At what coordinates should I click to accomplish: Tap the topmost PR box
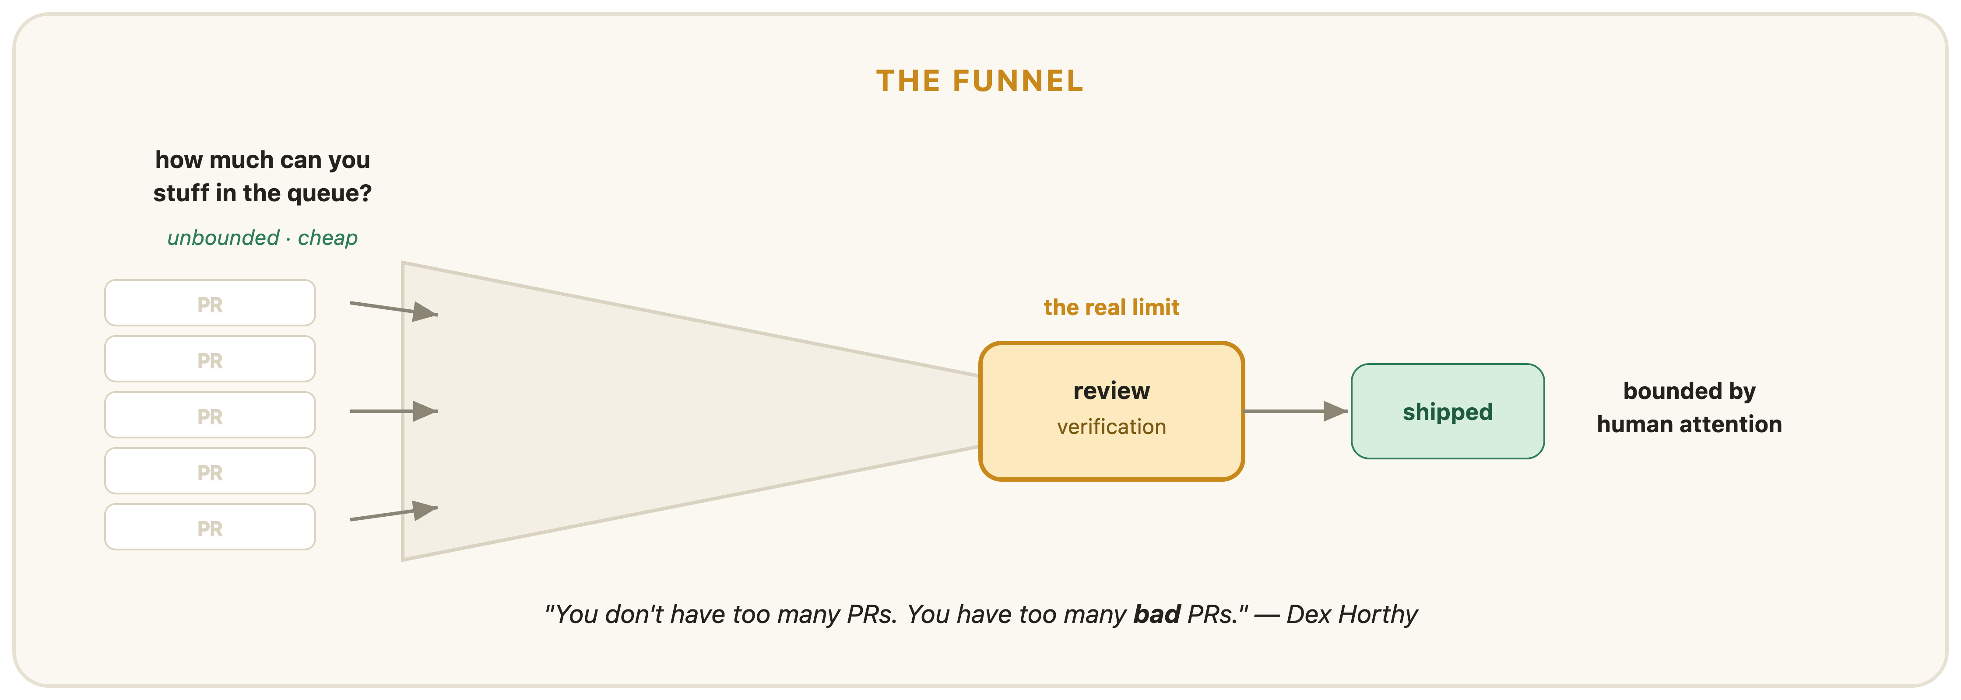(x=210, y=303)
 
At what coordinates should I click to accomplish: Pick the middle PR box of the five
(x=210, y=415)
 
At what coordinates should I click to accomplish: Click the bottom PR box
(x=210, y=526)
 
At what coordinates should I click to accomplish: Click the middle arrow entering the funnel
(x=394, y=411)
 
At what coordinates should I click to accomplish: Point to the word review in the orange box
(x=1111, y=391)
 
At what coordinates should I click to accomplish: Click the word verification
(x=1111, y=427)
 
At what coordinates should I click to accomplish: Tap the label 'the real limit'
(x=1111, y=308)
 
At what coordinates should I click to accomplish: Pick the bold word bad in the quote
(x=1156, y=614)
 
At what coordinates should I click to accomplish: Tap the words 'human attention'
(x=1689, y=424)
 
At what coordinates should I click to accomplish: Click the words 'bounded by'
(x=1689, y=391)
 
